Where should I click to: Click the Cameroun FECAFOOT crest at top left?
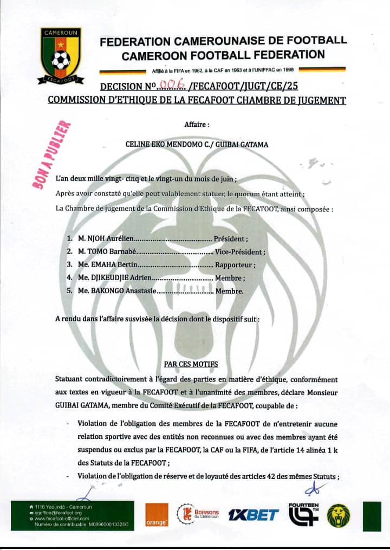tap(60, 56)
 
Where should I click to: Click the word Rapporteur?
tap(235, 265)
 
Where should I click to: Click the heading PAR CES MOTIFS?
tap(191, 364)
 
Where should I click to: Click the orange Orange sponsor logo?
tap(157, 514)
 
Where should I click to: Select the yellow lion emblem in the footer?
tap(339, 515)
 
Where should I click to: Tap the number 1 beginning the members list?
tap(69, 238)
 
